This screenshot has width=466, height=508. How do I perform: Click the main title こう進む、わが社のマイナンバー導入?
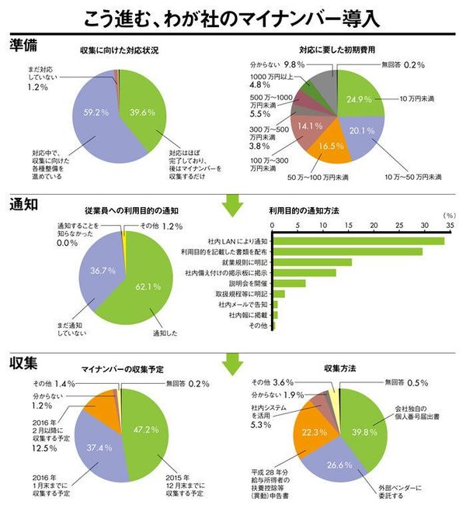pos(233,16)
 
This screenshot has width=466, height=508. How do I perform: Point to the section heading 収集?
pos(23,363)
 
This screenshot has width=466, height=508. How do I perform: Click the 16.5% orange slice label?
pos(331,145)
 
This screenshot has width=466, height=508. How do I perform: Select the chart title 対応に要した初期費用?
pos(336,50)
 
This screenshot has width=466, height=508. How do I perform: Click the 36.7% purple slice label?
pos(99,271)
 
